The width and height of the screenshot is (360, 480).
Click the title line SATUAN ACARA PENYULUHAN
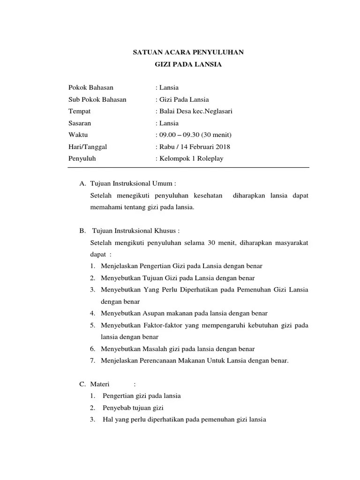(x=188, y=52)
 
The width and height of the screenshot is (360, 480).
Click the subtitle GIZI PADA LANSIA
(x=188, y=65)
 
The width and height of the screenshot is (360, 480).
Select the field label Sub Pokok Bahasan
(x=97, y=99)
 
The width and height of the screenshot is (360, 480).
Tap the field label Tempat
(x=79, y=111)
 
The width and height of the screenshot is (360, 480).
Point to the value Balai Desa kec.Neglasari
(x=195, y=111)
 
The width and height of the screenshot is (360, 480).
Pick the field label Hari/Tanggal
(x=88, y=147)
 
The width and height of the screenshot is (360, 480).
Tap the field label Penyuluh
(x=82, y=158)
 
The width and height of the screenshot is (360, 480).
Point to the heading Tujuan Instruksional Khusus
(x=136, y=231)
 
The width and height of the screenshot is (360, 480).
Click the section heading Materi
(x=99, y=384)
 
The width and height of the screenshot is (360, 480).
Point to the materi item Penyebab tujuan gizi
(x=133, y=408)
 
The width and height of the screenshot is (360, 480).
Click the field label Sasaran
(x=80, y=123)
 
